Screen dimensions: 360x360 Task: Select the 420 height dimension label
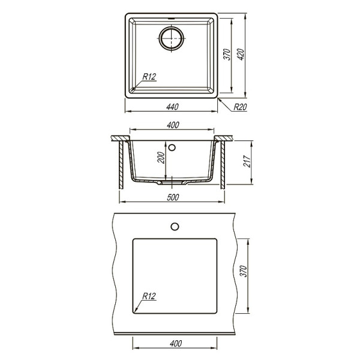[242, 56]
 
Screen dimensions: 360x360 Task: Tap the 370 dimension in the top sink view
[227, 56]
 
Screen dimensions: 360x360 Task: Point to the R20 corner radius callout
[241, 107]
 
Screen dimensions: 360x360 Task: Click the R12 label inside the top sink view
[149, 76]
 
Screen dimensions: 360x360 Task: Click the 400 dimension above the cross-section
[172, 125]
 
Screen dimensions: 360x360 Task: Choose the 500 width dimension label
[172, 197]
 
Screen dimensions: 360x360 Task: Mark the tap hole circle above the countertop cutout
[175, 226]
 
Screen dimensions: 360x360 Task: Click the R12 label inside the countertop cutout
[149, 295]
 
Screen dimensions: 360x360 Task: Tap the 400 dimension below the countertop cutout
[175, 344]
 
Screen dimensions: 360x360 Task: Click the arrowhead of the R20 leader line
[218, 98]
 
